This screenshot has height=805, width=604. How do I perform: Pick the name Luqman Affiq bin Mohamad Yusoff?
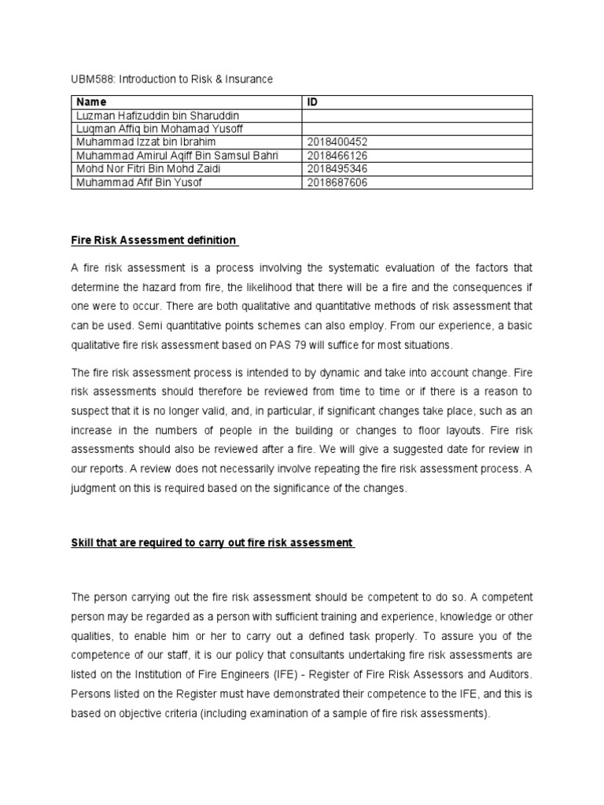(x=157, y=129)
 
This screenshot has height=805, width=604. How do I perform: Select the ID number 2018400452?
(x=339, y=142)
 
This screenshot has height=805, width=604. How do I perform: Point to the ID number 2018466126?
(x=339, y=156)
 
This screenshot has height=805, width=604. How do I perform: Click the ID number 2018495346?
(x=339, y=169)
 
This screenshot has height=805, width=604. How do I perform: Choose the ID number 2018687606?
(x=339, y=182)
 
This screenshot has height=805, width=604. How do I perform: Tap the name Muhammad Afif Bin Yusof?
(x=139, y=182)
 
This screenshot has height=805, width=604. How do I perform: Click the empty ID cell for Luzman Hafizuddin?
(x=417, y=116)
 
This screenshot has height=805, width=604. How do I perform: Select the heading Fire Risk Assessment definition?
(x=154, y=240)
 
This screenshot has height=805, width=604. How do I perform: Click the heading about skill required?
(x=212, y=543)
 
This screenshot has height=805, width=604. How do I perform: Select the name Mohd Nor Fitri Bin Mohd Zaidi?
(x=149, y=169)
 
